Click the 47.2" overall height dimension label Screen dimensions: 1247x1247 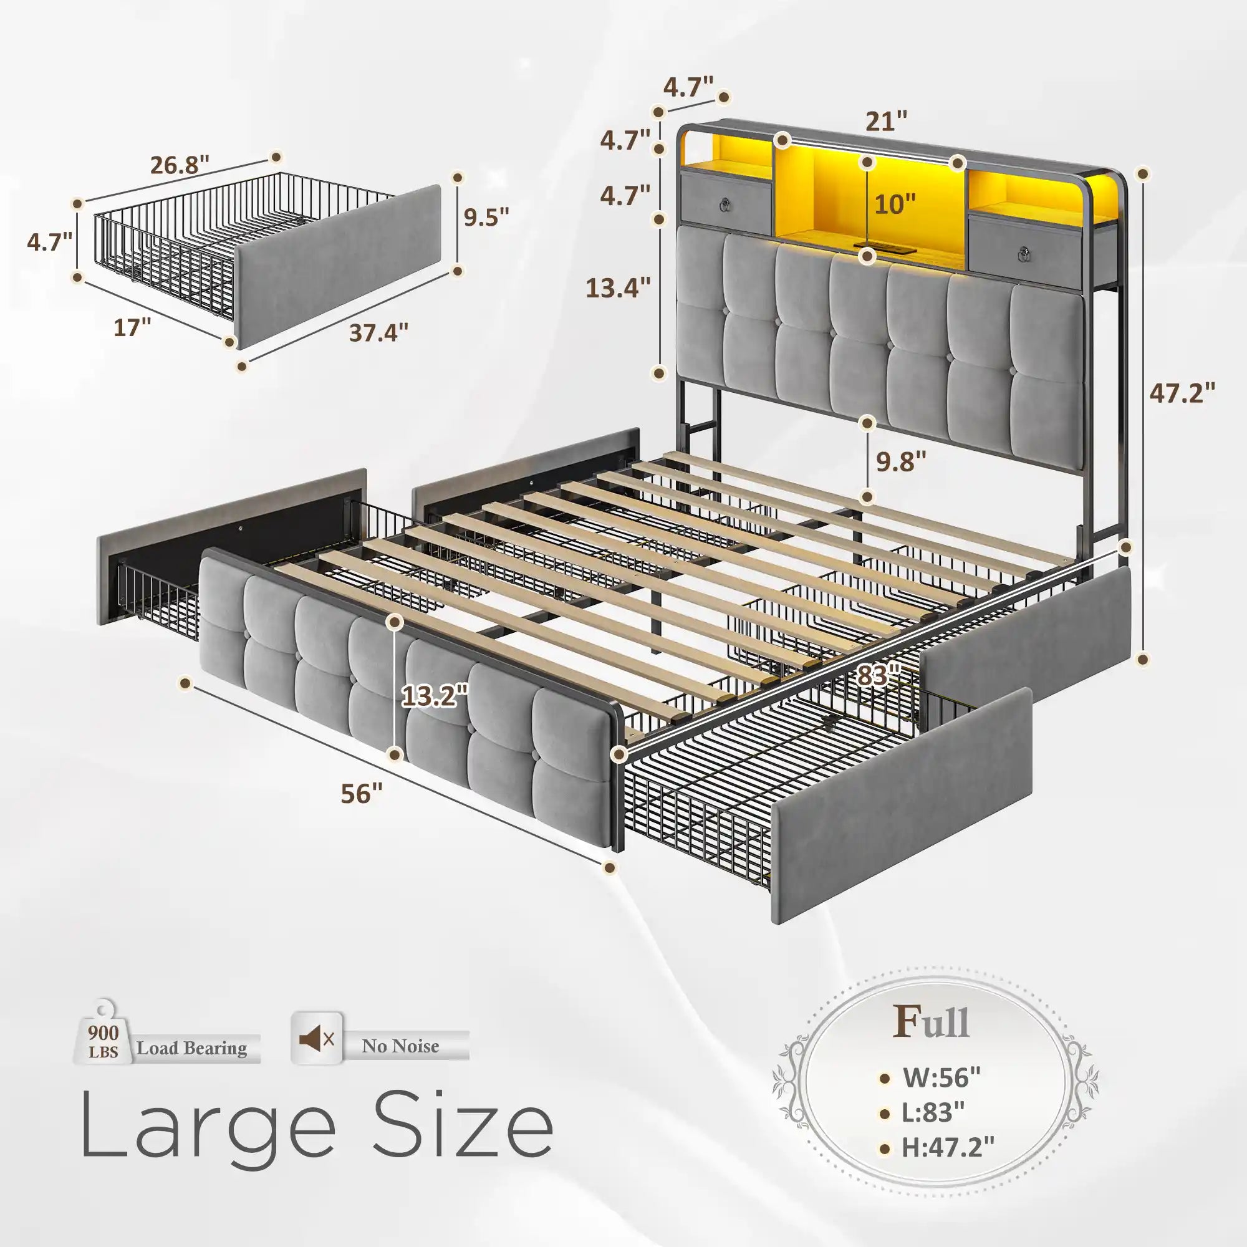click(x=1182, y=392)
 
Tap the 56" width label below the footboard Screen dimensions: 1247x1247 click(x=362, y=793)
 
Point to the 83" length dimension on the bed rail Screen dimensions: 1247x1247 click(x=879, y=676)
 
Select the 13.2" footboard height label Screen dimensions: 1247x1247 click(x=435, y=696)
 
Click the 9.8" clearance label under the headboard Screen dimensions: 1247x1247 click(x=901, y=461)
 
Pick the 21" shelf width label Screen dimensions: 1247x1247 click(x=886, y=121)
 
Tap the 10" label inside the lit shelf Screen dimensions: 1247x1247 click(x=895, y=204)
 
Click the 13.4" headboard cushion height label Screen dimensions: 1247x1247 click(x=618, y=287)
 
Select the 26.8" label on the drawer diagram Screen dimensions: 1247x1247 click(x=180, y=165)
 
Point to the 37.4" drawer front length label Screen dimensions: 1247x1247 click(x=379, y=332)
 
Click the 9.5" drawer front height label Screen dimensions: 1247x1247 click(x=487, y=217)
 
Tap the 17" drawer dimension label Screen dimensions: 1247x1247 click(x=132, y=327)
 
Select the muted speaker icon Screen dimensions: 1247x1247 click(x=316, y=1039)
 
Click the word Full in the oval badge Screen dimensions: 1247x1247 click(x=931, y=1021)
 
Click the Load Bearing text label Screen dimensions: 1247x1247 click(x=191, y=1047)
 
